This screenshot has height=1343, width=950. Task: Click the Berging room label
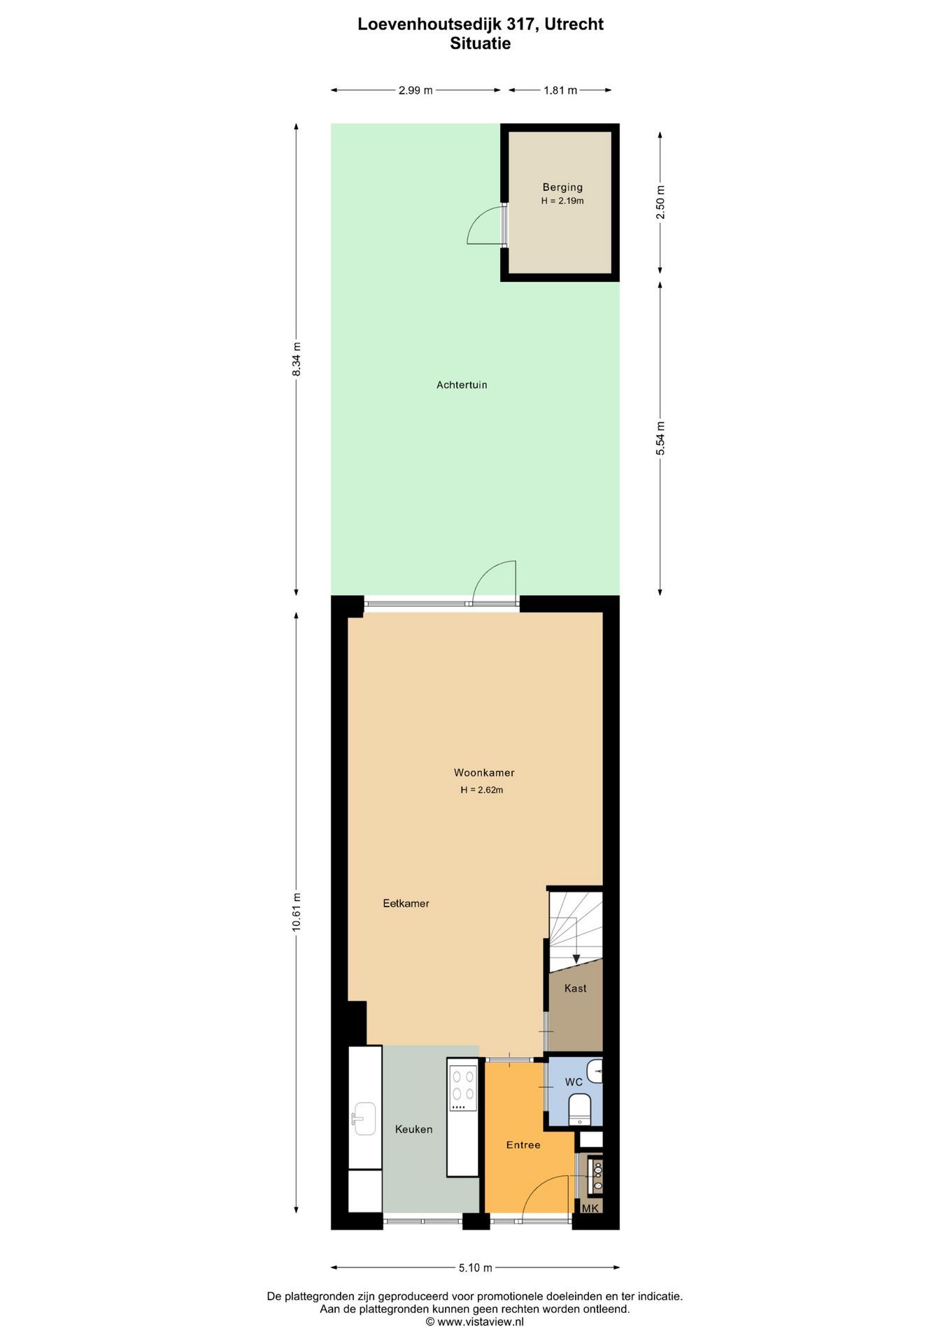(x=562, y=187)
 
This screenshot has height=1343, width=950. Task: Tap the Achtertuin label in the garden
(x=462, y=385)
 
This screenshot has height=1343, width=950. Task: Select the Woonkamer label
(x=484, y=773)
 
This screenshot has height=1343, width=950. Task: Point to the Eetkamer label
(x=406, y=904)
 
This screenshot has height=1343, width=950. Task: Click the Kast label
(x=575, y=988)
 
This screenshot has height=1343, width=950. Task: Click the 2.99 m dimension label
(x=416, y=90)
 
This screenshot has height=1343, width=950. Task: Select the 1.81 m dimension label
(x=560, y=90)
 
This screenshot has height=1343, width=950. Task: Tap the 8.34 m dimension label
(x=296, y=359)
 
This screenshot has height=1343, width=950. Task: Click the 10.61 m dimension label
(x=296, y=911)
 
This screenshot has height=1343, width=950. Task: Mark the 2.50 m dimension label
(x=660, y=202)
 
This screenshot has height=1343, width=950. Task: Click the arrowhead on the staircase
(x=576, y=959)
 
